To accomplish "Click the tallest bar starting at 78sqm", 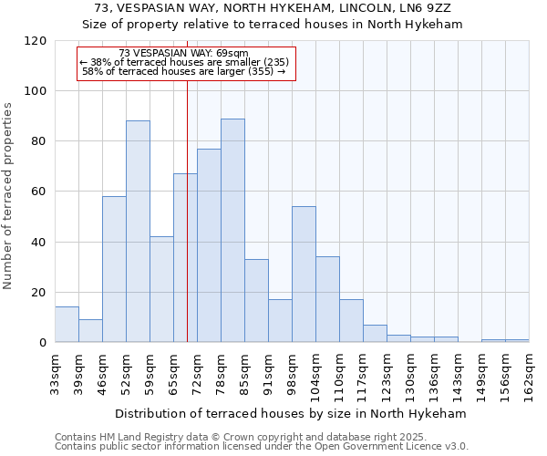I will [232, 231].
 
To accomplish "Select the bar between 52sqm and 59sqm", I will [138, 232].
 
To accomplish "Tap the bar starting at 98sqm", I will [304, 275].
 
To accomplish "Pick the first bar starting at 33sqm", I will [67, 325].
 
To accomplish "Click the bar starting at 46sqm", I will [114, 269].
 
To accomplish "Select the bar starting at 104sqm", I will [327, 299].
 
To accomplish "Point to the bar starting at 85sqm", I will [256, 301].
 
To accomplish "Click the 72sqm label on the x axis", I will [197, 372].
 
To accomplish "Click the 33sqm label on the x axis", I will [55, 372].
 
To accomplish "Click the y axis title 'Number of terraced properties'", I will [8, 195].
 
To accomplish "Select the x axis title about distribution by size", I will [291, 413].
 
